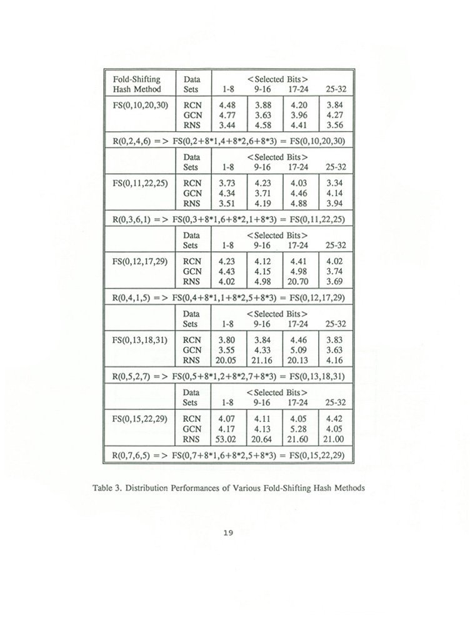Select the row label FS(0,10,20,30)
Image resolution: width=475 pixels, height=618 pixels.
137,106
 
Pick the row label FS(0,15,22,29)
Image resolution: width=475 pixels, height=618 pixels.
137,418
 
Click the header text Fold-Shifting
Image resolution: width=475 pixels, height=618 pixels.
136,79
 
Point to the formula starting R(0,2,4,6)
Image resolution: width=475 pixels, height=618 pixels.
228,141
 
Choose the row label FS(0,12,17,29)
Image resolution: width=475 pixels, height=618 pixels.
137,262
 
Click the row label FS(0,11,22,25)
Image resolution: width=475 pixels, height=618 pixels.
137,183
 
